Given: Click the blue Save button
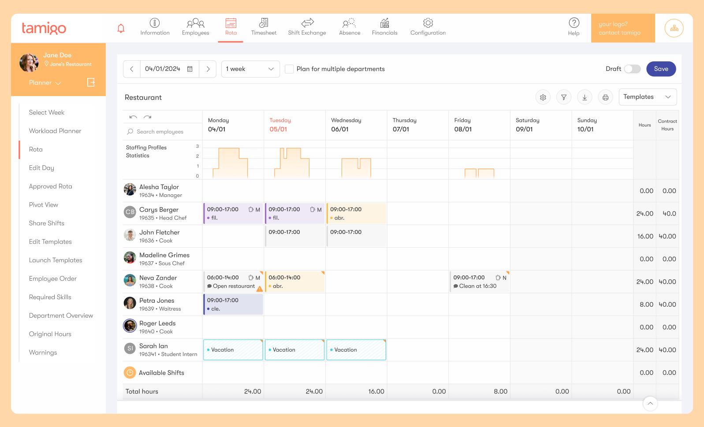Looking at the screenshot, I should pos(661,69).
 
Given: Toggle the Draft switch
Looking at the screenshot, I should pos(632,69).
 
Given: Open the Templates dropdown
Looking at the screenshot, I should pos(647,97).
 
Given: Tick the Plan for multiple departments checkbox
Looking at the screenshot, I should pos(289,69).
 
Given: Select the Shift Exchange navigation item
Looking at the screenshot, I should pos(307,27).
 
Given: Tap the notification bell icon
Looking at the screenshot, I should pos(121,29).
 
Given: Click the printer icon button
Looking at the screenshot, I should pos(605,97).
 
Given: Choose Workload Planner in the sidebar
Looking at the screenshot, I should pos(55,131).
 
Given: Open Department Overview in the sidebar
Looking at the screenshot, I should pos(61,316).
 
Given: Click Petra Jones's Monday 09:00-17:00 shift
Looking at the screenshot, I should pos(233,304).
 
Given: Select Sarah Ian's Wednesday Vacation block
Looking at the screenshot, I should pos(356,350).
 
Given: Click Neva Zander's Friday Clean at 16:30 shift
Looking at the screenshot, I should pos(479,282).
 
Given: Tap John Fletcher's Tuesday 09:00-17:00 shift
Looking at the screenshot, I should pos(294,236).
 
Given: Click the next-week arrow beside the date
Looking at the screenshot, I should pos(208,69).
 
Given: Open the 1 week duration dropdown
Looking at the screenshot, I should pos(250,69).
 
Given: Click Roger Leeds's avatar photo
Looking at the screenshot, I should pos(130,326).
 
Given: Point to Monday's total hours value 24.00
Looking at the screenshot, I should pos(252,391).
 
